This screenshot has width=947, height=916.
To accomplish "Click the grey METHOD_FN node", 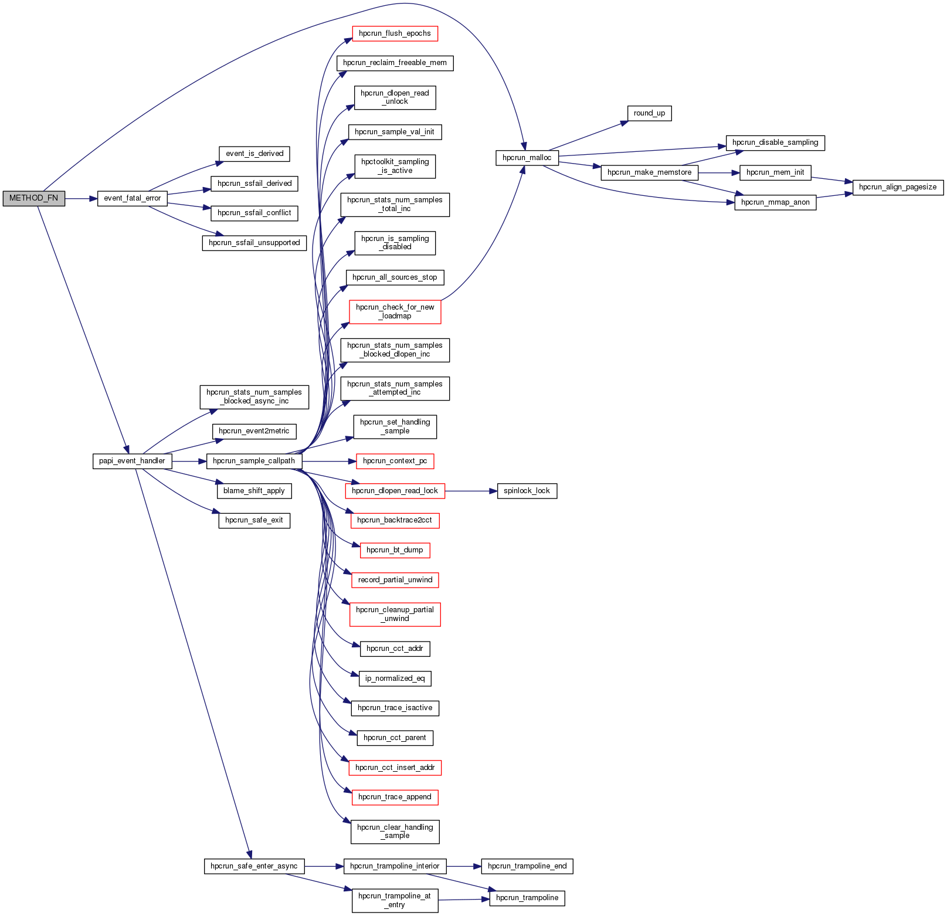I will coord(33,198).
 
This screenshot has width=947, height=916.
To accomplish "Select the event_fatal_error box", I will coord(132,198).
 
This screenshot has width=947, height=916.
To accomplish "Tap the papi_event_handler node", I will coord(132,461).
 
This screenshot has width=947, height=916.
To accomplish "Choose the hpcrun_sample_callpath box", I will coord(254,461).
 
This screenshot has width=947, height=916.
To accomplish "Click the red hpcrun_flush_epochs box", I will coord(395,33).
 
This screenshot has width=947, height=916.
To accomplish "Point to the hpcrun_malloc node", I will coord(527,158).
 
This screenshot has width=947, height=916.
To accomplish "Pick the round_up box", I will coord(649,113).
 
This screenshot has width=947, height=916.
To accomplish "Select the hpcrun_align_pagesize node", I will coord(898,187).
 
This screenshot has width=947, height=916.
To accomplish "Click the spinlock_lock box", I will coord(527,491).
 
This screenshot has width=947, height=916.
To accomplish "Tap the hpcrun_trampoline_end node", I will coord(527,866).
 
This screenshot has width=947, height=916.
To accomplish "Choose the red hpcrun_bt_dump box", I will coord(395,550).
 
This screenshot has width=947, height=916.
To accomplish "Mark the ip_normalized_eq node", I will coord(395,678).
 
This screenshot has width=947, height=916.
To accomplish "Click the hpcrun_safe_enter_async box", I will coord(254,866).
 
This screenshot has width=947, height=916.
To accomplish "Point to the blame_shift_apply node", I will coord(254,491).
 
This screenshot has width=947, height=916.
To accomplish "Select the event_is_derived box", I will coord(254,154).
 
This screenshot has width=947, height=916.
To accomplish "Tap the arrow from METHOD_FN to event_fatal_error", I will coord(81,199).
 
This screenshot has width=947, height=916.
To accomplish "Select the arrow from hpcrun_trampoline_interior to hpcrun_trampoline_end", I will coord(463,866).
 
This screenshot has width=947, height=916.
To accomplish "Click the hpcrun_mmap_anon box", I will coord(775,202).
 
